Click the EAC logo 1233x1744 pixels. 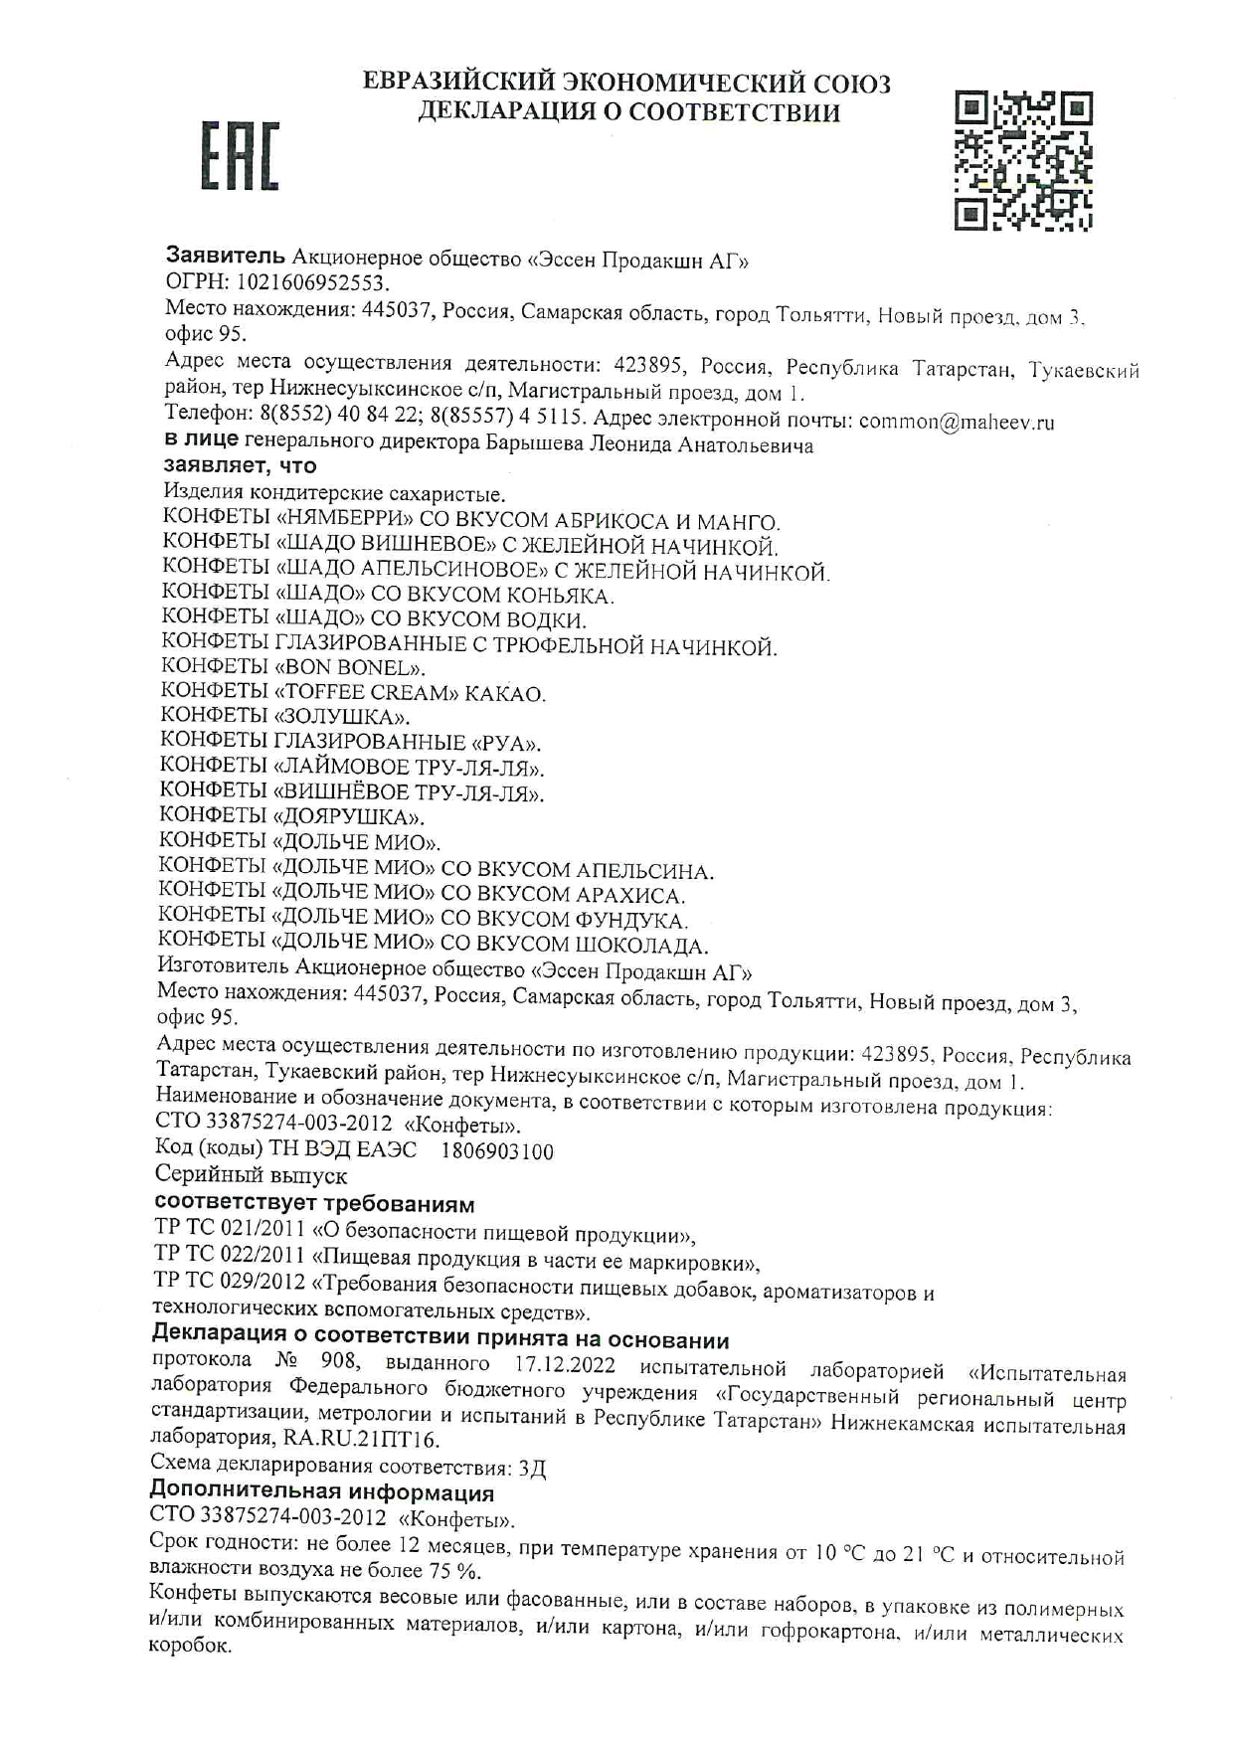pyautogui.click(x=241, y=156)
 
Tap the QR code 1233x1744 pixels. pyautogui.click(x=1023, y=161)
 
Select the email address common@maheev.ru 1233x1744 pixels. pyautogui.click(x=956, y=422)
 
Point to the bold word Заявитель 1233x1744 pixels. pyautogui.click(x=225, y=256)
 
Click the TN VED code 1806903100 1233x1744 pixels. pyautogui.click(x=496, y=1151)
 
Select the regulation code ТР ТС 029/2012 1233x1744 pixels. pyautogui.click(x=229, y=1282)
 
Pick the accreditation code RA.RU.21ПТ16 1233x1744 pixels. pyautogui.click(x=360, y=1438)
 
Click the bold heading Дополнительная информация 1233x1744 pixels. pyautogui.click(x=321, y=1492)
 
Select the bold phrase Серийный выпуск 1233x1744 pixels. pyautogui.click(x=251, y=1176)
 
